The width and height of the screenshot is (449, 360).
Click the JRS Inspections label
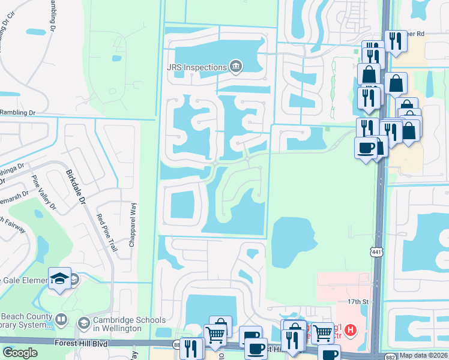(x=196, y=67)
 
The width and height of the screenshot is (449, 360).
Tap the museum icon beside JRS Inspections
(x=235, y=66)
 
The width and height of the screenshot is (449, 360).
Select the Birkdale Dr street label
(x=74, y=188)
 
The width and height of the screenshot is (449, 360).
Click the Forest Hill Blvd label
(x=83, y=343)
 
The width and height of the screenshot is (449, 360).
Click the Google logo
(x=20, y=353)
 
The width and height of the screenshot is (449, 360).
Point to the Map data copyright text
(x=424, y=355)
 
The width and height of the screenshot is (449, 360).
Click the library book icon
(x=62, y=319)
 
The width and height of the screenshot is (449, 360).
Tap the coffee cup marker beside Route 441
(x=365, y=148)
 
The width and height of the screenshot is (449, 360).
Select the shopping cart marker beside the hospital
(x=322, y=332)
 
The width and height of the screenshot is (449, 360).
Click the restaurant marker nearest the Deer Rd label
(x=394, y=41)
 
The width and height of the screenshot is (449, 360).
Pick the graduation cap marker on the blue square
(x=59, y=278)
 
